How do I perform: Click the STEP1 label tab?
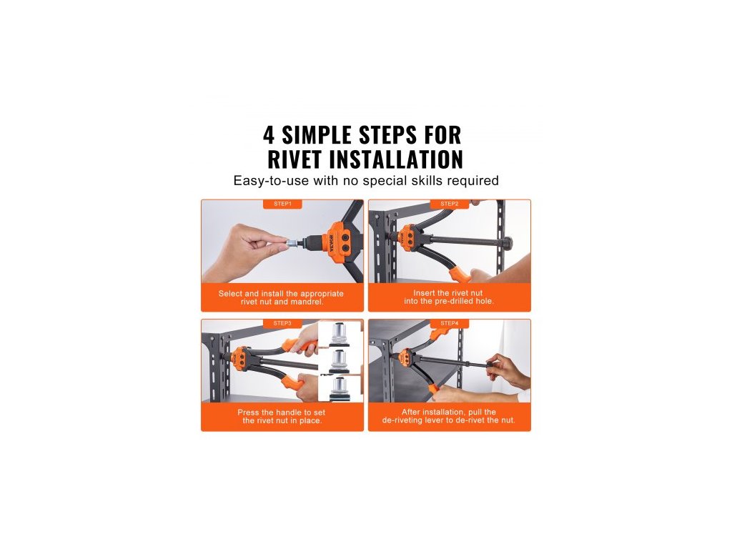click(282, 204)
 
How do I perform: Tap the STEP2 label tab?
click(449, 204)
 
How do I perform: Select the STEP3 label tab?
click(282, 323)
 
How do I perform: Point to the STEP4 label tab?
click(449, 323)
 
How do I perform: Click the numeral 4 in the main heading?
click(269, 135)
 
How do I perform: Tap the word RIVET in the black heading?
click(295, 159)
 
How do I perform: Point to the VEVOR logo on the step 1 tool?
click(332, 243)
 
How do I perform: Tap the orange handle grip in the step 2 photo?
click(460, 274)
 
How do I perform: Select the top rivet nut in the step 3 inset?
click(340, 335)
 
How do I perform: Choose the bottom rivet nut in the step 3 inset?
click(340, 388)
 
